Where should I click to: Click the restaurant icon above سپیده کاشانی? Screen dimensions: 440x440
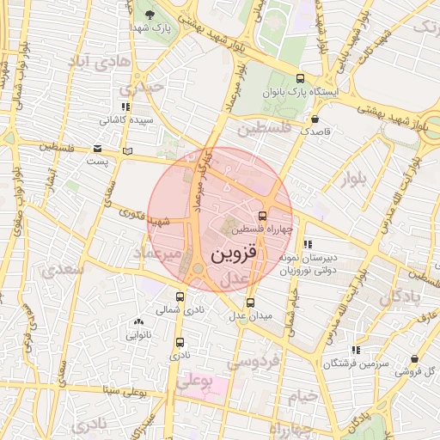click(126, 107)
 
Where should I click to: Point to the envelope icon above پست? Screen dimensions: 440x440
click(98, 149)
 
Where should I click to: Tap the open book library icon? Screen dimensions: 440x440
click(127, 151)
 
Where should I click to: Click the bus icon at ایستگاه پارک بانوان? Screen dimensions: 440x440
click(300, 76)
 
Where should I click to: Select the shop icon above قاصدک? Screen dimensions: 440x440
click(316, 119)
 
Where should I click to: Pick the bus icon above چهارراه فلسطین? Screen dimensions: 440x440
click(262, 216)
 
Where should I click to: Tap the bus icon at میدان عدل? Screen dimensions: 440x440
click(250, 302)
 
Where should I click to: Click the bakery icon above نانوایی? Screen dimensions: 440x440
click(139, 322)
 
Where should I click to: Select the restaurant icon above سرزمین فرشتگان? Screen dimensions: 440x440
click(356, 350)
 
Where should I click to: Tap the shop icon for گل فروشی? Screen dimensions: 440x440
click(415, 358)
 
